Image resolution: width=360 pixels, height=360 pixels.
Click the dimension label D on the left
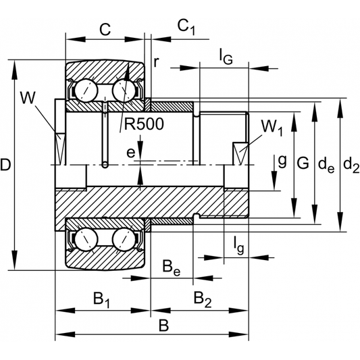tap(6, 164)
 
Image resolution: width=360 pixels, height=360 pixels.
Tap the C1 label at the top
tap(186, 26)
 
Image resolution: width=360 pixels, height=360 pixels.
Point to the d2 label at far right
tap(351, 163)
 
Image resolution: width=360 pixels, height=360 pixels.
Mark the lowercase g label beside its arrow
tap(282, 160)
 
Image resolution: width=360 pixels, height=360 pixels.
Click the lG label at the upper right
tap(226, 57)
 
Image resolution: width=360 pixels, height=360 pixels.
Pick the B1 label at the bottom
tap(101, 299)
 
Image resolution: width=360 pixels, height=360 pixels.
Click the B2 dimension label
tap(202, 299)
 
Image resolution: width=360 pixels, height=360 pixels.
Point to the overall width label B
tap(163, 324)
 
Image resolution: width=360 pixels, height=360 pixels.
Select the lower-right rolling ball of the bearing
tap(125, 238)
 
